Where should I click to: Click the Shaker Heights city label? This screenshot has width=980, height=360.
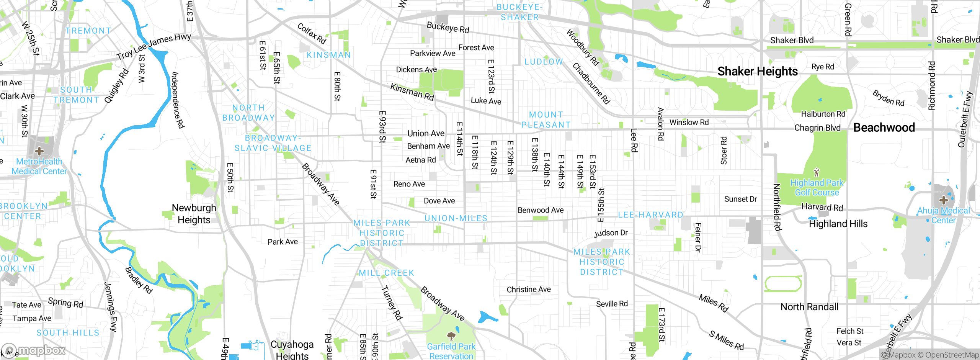(757, 72)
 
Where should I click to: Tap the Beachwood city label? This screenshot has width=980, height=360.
(884, 128)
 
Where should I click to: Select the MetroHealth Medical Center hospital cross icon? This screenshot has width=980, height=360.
(39, 151)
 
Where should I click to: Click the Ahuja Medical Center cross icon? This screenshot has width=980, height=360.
(943, 200)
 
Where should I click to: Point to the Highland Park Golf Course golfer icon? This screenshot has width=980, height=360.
(817, 172)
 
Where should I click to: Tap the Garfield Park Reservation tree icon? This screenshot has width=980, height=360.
(451, 336)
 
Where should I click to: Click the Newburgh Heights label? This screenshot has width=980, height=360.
(194, 214)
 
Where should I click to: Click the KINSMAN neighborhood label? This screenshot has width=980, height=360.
(328, 55)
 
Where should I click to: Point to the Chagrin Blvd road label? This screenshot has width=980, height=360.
(817, 128)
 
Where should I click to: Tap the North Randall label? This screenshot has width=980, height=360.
(809, 307)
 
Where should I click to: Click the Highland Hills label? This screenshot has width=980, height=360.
(838, 224)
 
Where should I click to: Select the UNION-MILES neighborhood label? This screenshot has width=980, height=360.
(456, 218)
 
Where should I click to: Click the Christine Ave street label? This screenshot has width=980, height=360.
(529, 290)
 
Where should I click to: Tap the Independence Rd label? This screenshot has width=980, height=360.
(178, 100)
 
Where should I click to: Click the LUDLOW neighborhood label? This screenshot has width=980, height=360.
(544, 62)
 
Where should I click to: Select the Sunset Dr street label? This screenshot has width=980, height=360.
(740, 199)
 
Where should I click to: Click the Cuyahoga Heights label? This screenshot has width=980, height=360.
(292, 350)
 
